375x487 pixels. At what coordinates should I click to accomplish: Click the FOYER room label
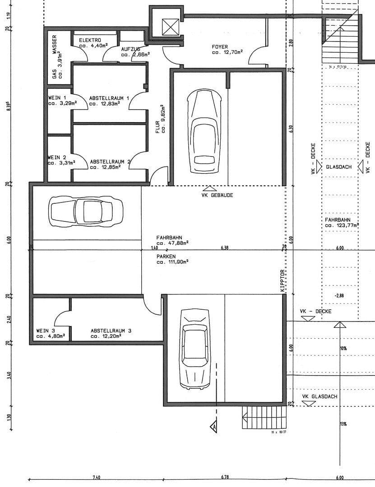[220, 46]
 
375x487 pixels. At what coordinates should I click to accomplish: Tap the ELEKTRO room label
[90, 40]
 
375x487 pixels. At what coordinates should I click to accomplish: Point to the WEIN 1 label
[57, 97]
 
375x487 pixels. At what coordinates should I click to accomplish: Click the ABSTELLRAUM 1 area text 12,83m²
[104, 103]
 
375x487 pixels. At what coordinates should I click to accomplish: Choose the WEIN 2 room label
[57, 157]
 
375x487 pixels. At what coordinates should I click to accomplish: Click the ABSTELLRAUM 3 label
[111, 331]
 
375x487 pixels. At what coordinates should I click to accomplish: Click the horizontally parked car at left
[86, 210]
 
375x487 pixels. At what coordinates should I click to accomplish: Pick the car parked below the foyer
[204, 131]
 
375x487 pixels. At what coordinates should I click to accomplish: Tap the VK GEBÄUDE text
[217, 195]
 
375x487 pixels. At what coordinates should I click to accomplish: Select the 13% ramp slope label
[343, 424]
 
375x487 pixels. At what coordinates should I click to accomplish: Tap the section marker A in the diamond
[213, 425]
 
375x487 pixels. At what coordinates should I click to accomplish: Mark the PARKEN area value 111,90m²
[173, 261]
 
